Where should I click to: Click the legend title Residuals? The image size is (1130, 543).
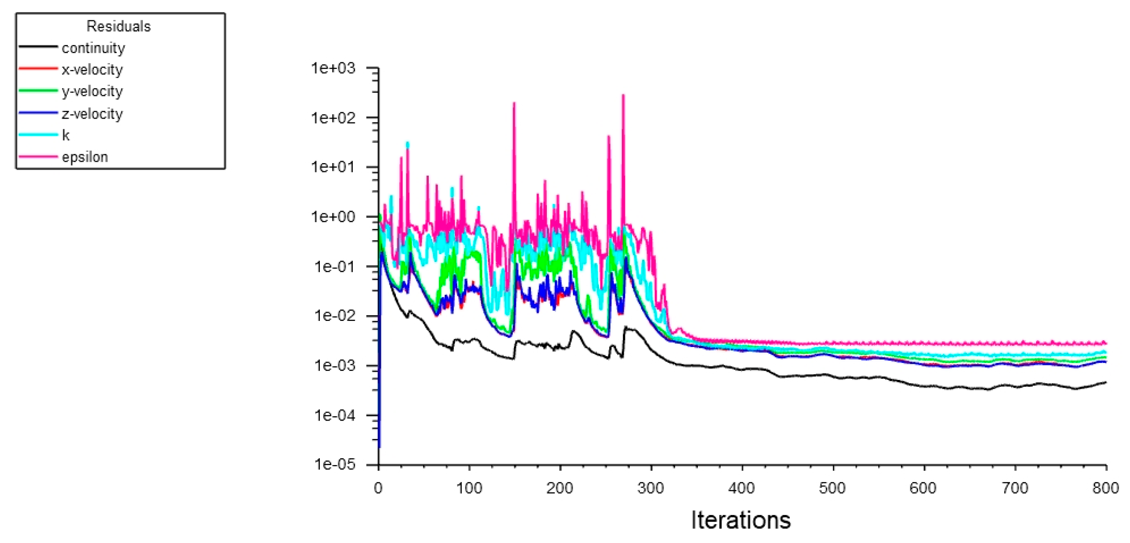pos(119,26)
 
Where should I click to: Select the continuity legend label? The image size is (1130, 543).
pos(93,48)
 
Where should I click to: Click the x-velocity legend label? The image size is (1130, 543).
pos(92,70)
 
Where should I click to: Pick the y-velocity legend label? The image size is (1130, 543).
pos(92,91)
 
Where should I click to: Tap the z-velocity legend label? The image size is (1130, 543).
pos(92,114)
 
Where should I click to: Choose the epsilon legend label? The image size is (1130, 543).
pos(85,157)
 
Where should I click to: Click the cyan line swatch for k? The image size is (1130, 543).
pos(38,135)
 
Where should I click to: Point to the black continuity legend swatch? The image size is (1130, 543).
pos(38,47)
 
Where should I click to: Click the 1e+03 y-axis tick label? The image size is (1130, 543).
pos(333,68)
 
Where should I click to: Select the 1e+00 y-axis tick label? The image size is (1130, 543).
pos(333,217)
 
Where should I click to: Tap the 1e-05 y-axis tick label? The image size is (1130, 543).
pos(334,465)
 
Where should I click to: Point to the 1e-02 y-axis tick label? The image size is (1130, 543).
pos(334,316)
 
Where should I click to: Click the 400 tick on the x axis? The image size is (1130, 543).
pos(741,488)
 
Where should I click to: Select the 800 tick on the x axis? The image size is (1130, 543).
pos(1105,488)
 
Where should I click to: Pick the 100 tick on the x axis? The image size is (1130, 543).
pos(469,488)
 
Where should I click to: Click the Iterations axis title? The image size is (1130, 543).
pos(740,520)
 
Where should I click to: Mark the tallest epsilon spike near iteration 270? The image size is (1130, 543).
pos(623,95)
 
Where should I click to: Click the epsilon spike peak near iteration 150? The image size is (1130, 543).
pos(514,103)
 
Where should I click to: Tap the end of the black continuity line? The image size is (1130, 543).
pos(1106,382)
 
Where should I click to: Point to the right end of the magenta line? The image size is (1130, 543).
pos(1106,343)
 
